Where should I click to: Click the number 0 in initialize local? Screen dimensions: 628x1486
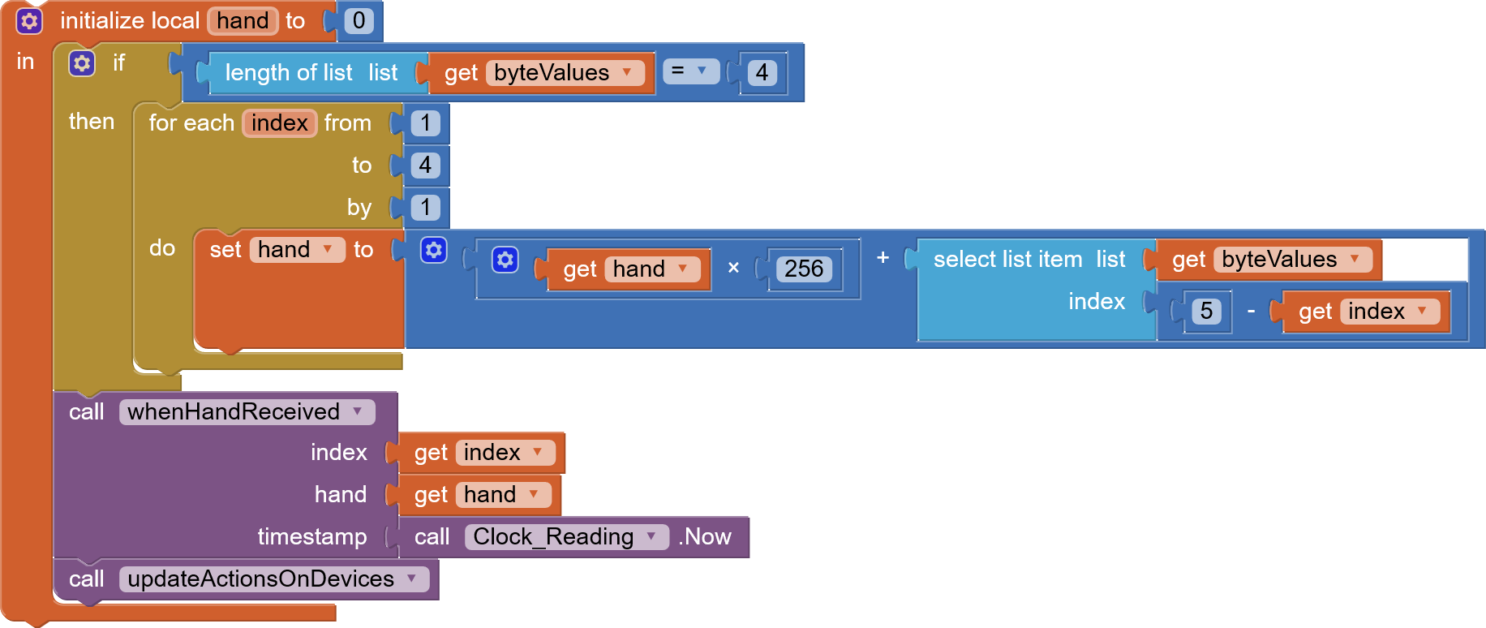click(x=359, y=20)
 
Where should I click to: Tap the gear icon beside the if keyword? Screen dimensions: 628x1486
click(x=82, y=63)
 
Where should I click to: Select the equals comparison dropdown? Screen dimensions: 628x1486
click(x=690, y=71)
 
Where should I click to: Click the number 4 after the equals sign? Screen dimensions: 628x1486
click(x=762, y=73)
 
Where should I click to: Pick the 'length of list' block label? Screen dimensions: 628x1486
click(x=288, y=73)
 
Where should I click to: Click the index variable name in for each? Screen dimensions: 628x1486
click(x=279, y=123)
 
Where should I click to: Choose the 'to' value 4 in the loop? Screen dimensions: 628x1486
click(x=425, y=166)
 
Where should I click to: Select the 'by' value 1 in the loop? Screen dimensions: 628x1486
click(x=425, y=208)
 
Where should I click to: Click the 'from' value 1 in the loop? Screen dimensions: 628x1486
click(x=425, y=123)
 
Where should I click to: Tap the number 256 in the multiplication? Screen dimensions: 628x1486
click(x=803, y=269)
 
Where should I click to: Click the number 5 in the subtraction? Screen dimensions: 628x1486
click(x=1206, y=312)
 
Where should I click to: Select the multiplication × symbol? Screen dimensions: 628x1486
click(x=733, y=268)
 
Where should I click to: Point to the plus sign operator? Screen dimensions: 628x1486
click(x=883, y=258)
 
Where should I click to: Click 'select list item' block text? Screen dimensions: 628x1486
click(x=1007, y=260)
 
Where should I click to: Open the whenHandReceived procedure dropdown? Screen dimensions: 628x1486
click(x=357, y=412)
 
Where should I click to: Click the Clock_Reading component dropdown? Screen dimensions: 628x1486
click(x=651, y=537)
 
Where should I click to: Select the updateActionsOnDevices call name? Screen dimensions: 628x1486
click(x=260, y=579)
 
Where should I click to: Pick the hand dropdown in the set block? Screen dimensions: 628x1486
click(x=328, y=250)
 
